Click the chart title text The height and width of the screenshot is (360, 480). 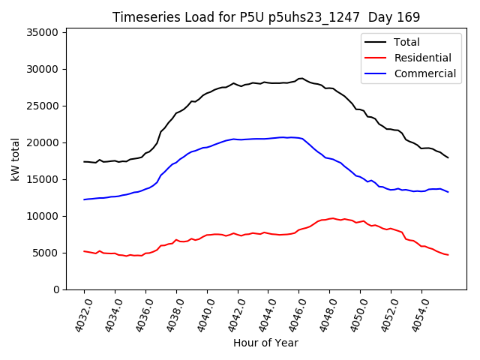[x=266, y=16]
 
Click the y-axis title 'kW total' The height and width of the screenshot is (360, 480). [x=16, y=159]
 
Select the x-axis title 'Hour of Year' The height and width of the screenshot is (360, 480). [x=265, y=343]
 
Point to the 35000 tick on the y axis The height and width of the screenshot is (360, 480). [x=43, y=32]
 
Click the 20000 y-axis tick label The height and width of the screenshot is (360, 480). [x=43, y=142]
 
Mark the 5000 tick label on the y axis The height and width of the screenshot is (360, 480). [x=46, y=253]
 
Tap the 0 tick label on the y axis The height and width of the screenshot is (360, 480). [x=56, y=289]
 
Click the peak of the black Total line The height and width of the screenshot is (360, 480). [x=301, y=78]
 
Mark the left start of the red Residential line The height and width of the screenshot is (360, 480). [x=84, y=251]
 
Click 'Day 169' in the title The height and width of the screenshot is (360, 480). [x=394, y=16]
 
